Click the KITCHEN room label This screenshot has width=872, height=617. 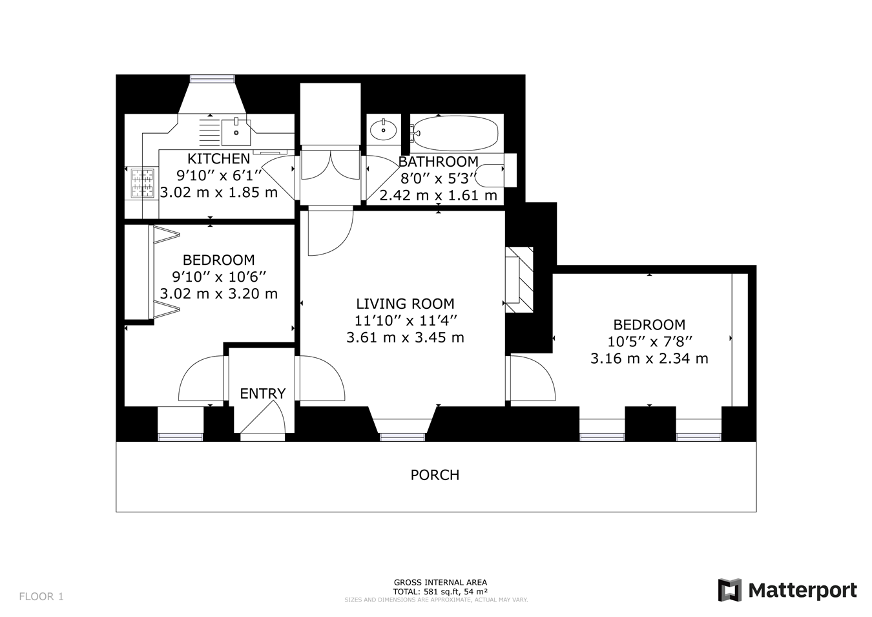[x=219, y=159]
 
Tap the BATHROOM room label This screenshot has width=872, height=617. [x=439, y=162]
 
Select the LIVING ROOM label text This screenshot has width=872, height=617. [x=405, y=304]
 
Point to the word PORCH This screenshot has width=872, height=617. [x=435, y=475]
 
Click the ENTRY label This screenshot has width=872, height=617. [x=263, y=393]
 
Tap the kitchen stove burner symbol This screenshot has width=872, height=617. [x=142, y=183]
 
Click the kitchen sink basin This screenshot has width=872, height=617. [x=236, y=132]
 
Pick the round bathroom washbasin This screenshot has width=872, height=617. [x=384, y=130]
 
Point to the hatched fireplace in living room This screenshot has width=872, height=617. [x=519, y=280]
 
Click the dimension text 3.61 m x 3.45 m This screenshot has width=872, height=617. [x=405, y=337]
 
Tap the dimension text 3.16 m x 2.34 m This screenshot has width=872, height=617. [x=649, y=359]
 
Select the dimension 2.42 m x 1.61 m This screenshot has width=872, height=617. [x=439, y=195]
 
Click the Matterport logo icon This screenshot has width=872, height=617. [x=729, y=590]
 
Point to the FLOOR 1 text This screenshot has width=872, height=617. [x=41, y=596]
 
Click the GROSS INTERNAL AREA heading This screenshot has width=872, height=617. [x=441, y=583]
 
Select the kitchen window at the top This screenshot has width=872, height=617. [x=212, y=79]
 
